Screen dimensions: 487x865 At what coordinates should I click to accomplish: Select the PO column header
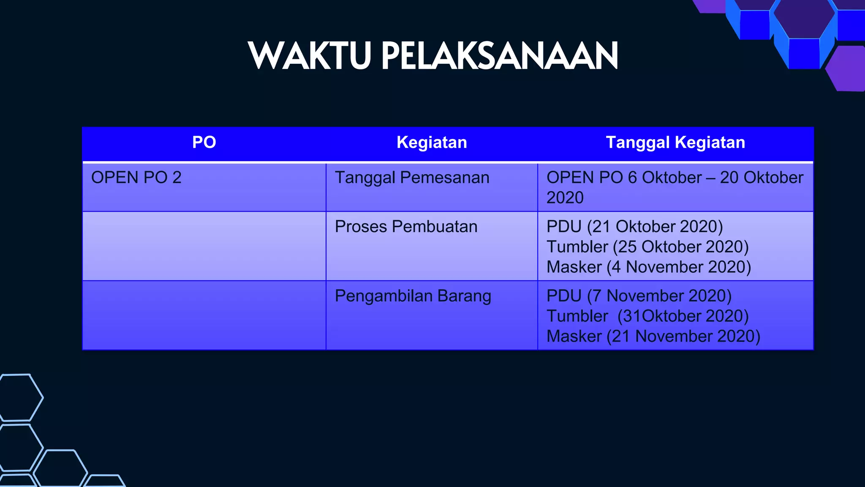pyautogui.click(x=204, y=142)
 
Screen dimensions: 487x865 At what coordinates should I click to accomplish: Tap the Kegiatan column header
pyautogui.click(x=432, y=142)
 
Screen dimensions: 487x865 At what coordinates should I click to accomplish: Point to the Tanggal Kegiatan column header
pyautogui.click(x=675, y=142)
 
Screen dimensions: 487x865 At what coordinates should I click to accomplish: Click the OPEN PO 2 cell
pyautogui.click(x=136, y=178)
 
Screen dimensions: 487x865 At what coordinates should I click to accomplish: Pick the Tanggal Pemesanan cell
pyautogui.click(x=412, y=178)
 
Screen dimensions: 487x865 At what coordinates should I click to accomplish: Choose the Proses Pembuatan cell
pyautogui.click(x=406, y=227)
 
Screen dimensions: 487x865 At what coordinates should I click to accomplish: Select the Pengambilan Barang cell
pyautogui.click(x=413, y=296)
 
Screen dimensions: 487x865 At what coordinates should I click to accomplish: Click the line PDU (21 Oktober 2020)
pyautogui.click(x=634, y=227)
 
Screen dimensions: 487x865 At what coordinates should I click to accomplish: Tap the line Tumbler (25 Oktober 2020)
pyautogui.click(x=647, y=247)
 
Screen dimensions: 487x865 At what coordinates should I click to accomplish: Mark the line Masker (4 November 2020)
pyautogui.click(x=648, y=267)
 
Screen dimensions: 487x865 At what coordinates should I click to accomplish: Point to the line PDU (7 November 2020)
pyautogui.click(x=639, y=296)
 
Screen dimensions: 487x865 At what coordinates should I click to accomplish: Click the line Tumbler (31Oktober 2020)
pyautogui.click(x=647, y=316)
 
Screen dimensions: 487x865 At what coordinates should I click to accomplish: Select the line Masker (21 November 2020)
pyautogui.click(x=653, y=337)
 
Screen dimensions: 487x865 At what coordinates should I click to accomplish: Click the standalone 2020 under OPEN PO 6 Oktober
pyautogui.click(x=565, y=198)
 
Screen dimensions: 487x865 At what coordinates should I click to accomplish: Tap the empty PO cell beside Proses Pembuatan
pyautogui.click(x=204, y=246)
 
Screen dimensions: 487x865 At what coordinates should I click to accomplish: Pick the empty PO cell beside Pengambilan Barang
pyautogui.click(x=204, y=315)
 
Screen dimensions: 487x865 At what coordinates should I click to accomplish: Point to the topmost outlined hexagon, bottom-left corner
pyautogui.click(x=19, y=397)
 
